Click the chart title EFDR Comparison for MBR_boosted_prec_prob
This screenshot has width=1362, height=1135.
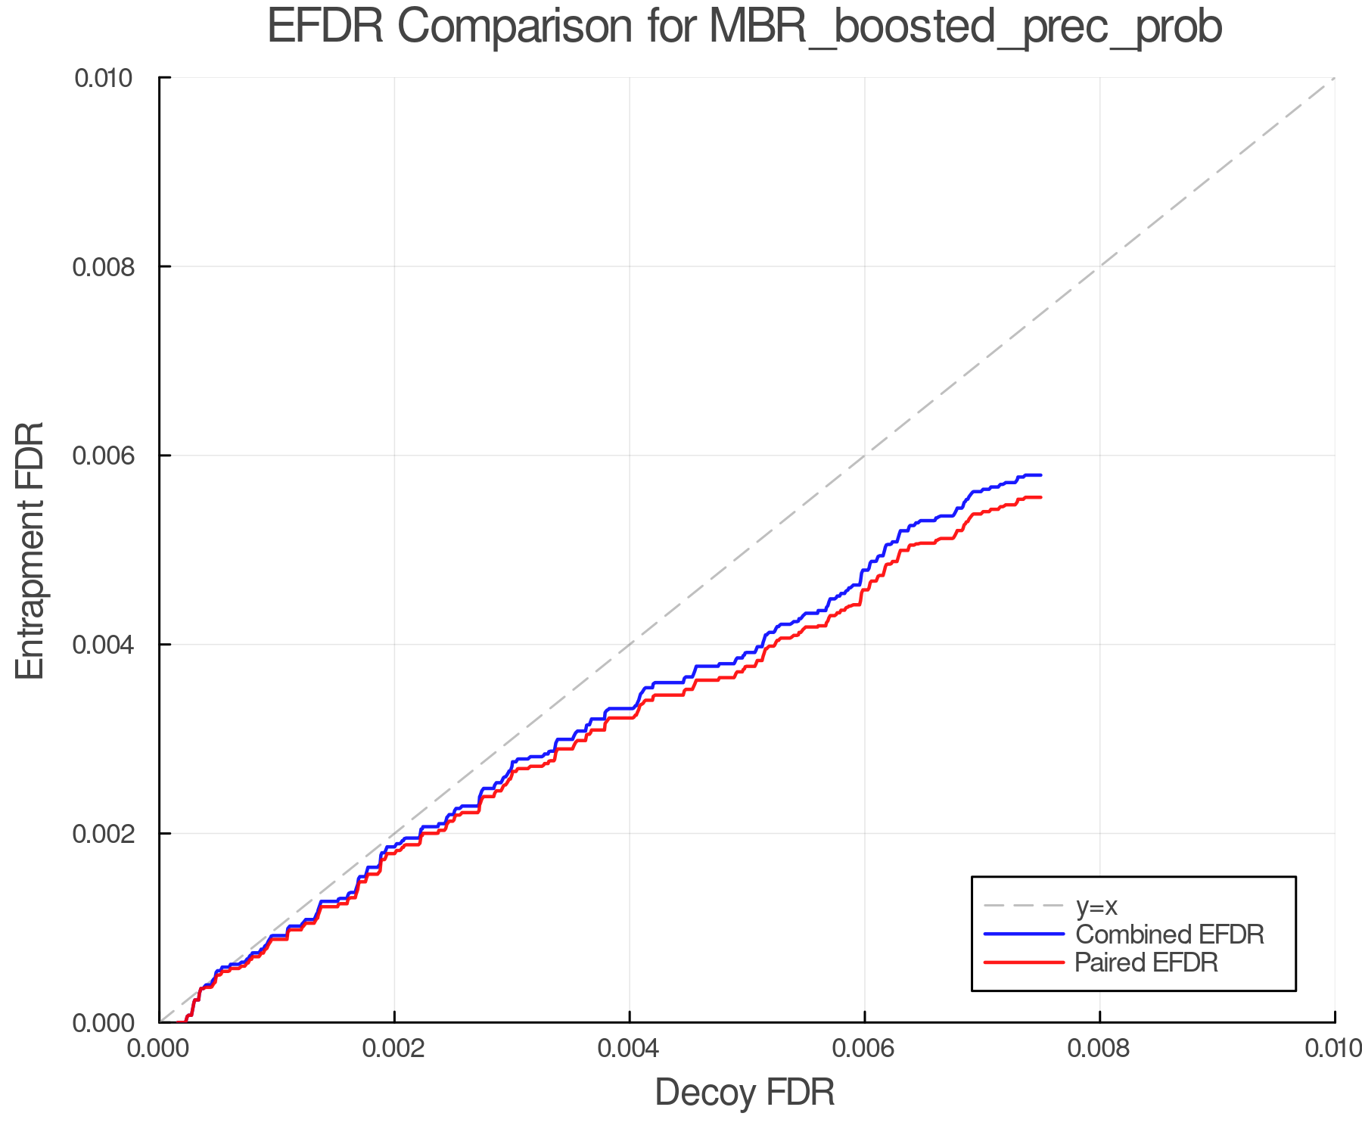coord(745,27)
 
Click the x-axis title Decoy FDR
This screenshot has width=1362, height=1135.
coord(745,1093)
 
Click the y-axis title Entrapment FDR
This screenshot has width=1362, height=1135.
coord(30,550)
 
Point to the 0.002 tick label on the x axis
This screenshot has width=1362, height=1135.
coord(394,1049)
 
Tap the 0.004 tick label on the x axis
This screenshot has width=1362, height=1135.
coord(630,1049)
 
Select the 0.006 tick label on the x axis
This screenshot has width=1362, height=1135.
coord(864,1049)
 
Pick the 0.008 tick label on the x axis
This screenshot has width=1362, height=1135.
coord(1099,1049)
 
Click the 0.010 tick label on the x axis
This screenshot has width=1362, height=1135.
coord(1333,1049)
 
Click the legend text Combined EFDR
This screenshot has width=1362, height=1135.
coord(1170,934)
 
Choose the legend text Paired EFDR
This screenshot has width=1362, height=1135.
coord(1146,962)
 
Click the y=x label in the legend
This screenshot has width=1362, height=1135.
coord(1096,906)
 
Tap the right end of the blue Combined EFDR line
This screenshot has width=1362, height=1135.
coord(1041,475)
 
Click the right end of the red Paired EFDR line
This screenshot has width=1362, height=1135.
coord(1041,497)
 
